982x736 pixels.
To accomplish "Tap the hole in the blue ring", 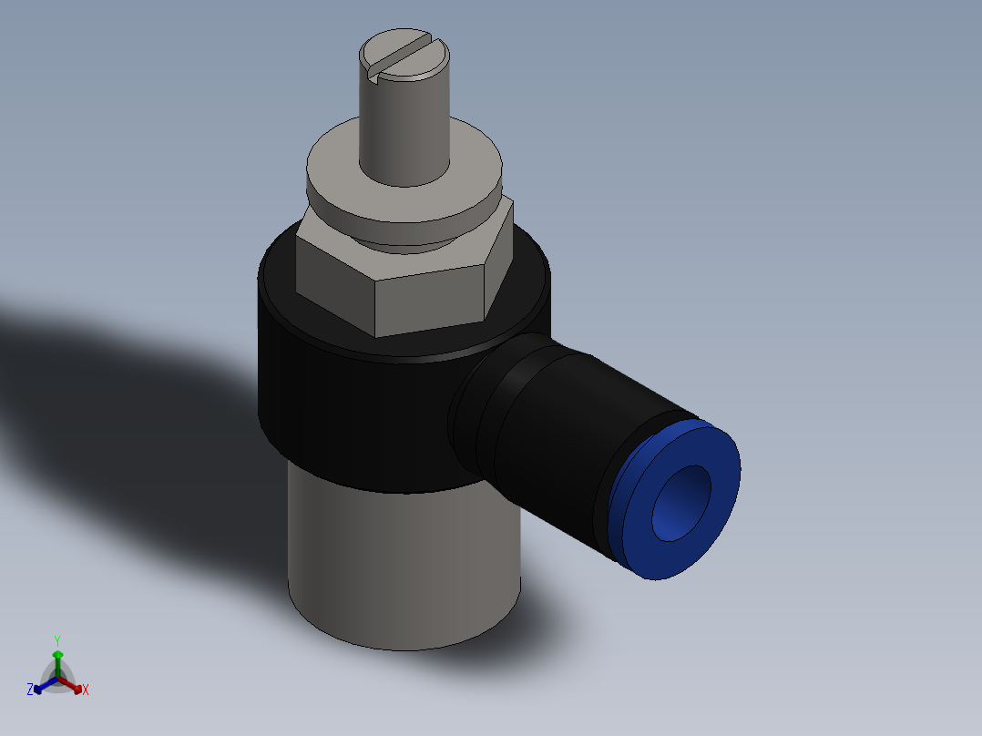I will [x=680, y=504].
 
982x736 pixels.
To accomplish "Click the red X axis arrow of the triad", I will [x=76, y=686].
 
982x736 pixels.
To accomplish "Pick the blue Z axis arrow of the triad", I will [x=41, y=688].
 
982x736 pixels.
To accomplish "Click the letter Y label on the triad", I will [x=56, y=639].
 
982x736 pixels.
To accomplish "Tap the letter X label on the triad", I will [x=86, y=690].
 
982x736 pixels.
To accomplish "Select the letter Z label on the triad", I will [x=30, y=690].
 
